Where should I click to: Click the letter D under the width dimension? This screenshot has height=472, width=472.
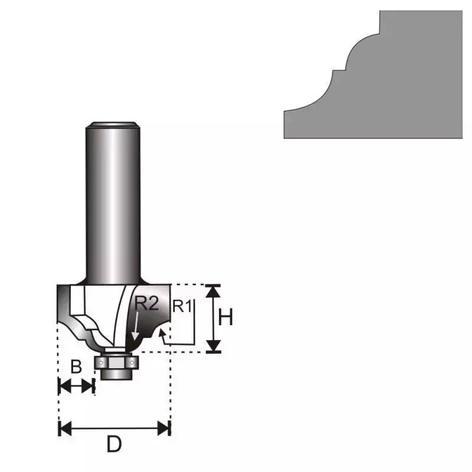114,444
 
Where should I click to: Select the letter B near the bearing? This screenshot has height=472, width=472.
76,367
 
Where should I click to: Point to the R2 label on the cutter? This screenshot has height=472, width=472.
147,304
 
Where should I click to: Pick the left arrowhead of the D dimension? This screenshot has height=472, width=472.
64,428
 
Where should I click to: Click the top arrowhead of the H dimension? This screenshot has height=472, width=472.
214,290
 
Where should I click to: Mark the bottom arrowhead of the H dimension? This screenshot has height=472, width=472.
214,346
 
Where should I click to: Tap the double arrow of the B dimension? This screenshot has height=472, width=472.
76,386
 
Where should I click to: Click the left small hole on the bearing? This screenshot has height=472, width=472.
102,361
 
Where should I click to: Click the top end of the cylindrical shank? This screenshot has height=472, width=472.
113,124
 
